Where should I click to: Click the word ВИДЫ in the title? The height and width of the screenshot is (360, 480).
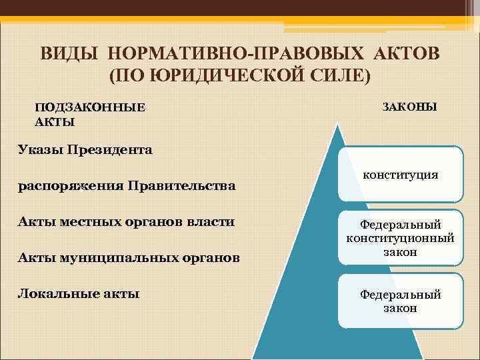[66, 53]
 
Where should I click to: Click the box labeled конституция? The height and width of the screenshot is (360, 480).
[400, 175]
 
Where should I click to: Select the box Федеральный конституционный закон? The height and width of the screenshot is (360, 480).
[400, 238]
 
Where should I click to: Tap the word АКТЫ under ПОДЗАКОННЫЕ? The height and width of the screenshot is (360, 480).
[55, 121]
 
